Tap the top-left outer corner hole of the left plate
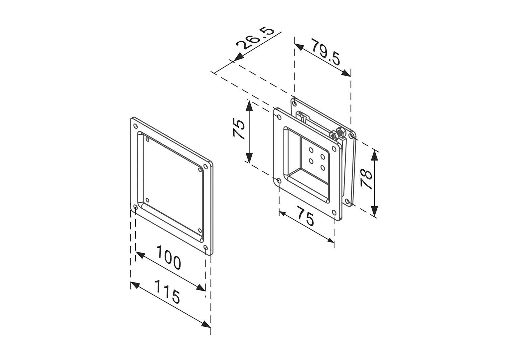[135, 126]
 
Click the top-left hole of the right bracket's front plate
[278, 116]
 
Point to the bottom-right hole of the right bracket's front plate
[334, 212]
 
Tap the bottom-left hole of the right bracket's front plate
[279, 181]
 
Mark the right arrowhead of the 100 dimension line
[201, 288]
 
